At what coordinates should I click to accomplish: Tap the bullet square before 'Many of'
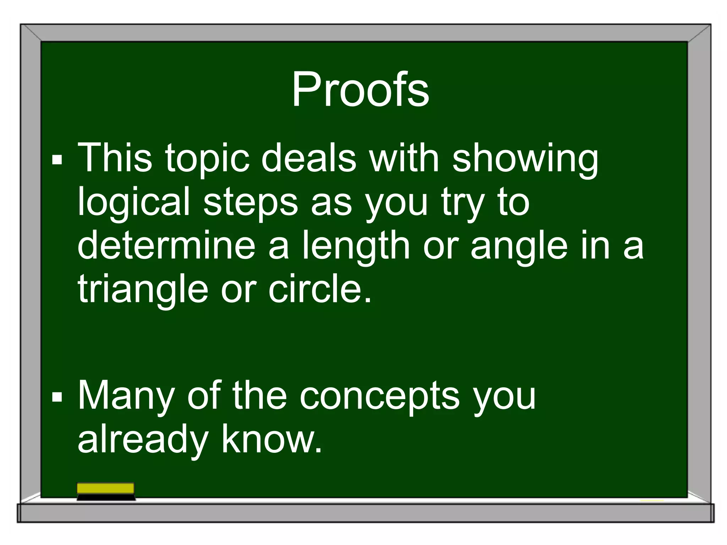point(57,397)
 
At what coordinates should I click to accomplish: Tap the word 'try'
point(463,204)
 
